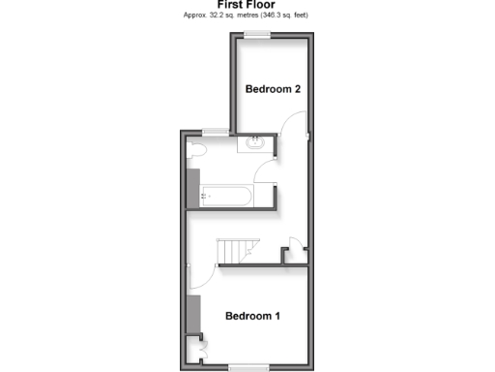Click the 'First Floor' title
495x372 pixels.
click(247, 6)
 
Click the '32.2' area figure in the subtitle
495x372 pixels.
click(209, 16)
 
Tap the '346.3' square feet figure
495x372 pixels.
click(279, 16)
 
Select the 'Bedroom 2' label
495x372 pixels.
click(273, 89)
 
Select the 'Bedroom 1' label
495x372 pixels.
click(252, 316)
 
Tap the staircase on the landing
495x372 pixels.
click(238, 251)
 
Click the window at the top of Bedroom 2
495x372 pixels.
click(257, 35)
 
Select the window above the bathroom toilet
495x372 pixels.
click(216, 131)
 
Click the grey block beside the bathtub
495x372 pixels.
click(192, 186)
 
